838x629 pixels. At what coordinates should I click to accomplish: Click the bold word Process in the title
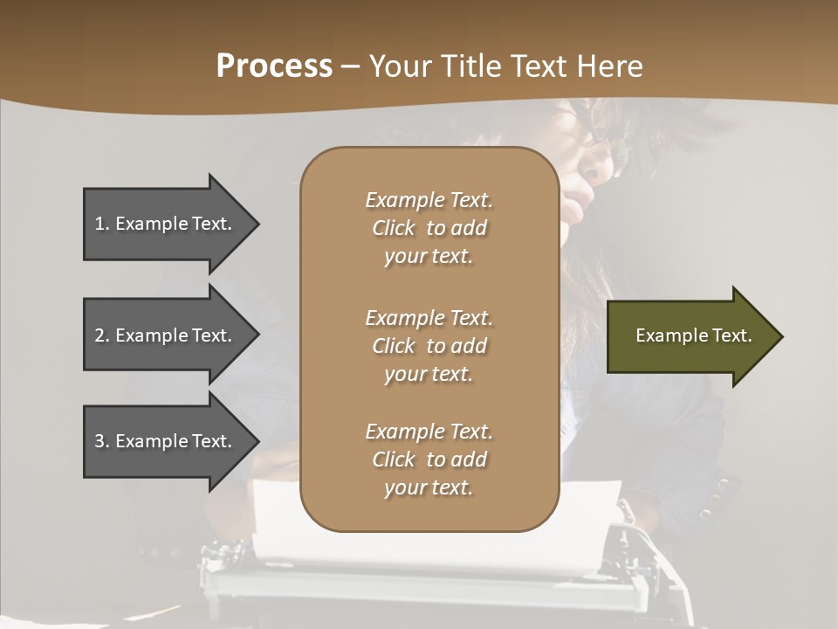[x=274, y=66]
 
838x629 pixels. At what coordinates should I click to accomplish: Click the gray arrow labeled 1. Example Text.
[x=166, y=224]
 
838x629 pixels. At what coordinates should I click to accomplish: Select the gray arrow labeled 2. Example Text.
[x=166, y=335]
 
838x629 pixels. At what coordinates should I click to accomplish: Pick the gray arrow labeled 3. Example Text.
[x=166, y=441]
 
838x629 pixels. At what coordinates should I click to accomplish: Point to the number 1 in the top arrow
[x=100, y=224]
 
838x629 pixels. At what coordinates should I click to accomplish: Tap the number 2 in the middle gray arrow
[x=100, y=335]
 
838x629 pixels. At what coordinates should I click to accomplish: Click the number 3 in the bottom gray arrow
[x=100, y=441]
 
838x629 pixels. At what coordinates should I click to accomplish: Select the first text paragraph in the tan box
[x=429, y=228]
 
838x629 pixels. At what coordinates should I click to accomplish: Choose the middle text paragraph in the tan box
[x=429, y=345]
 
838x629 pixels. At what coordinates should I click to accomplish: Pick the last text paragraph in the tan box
[x=429, y=460]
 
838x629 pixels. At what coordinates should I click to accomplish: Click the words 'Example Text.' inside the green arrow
[x=693, y=335]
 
